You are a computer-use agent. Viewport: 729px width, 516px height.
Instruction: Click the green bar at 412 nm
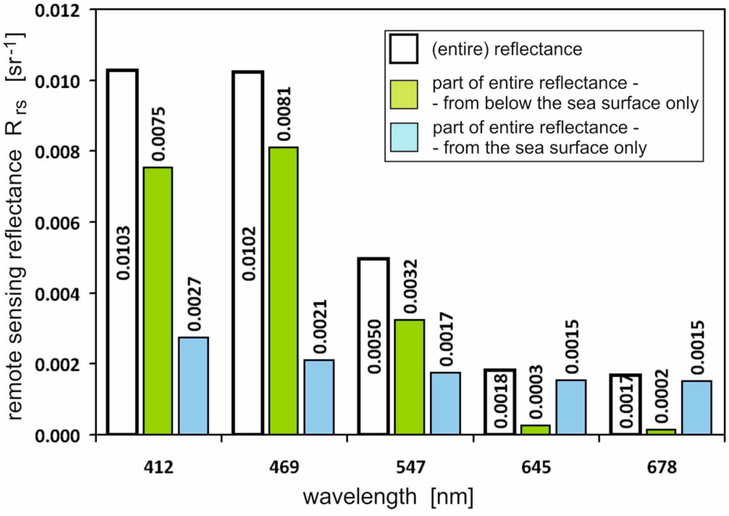click(158, 300)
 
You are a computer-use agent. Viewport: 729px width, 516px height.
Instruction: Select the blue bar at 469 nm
click(319, 397)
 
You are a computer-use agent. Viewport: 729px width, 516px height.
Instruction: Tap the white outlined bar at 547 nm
click(374, 346)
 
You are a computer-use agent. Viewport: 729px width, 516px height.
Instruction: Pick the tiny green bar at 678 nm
click(661, 431)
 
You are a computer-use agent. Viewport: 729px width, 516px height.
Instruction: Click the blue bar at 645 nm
click(571, 407)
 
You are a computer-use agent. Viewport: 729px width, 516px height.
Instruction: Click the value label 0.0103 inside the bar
click(123, 253)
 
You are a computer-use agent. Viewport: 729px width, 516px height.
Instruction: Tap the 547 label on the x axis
click(410, 468)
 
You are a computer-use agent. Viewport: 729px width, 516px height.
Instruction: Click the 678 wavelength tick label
click(662, 468)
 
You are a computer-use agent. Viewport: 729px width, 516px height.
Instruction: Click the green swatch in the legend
click(404, 94)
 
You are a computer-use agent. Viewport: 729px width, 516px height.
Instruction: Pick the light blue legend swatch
click(404, 137)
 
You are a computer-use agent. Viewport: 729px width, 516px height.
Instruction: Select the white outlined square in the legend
click(404, 49)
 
